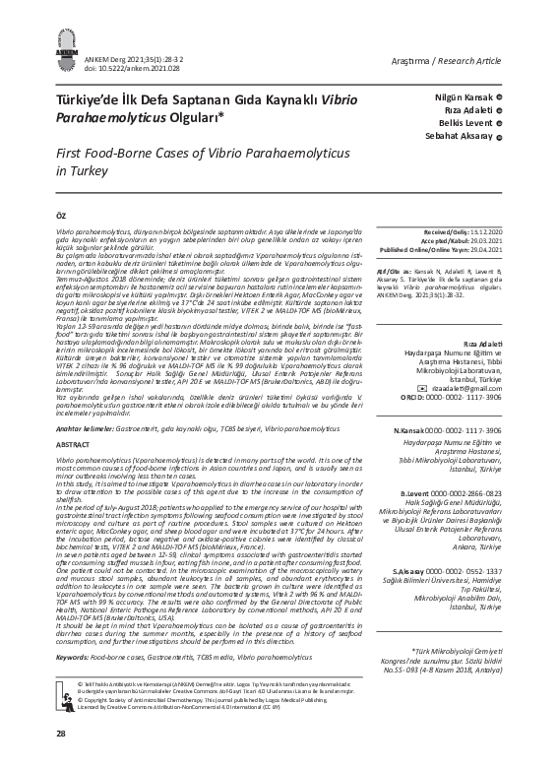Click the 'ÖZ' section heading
point(62,213)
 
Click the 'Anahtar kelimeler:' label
point(87,428)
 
